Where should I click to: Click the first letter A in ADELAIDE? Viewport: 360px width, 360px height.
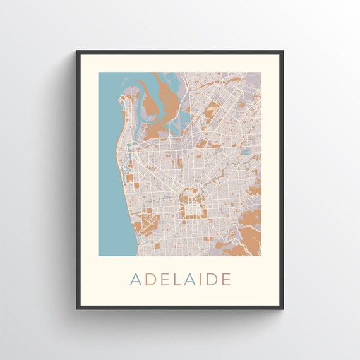point(135,279)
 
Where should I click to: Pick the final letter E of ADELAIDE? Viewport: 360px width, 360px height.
point(226,279)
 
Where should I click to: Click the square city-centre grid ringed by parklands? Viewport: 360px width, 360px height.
point(189,204)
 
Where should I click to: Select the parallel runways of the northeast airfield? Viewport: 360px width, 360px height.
point(216,111)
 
